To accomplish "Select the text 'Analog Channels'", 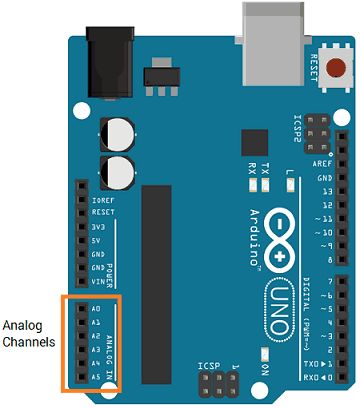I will [x=30, y=335].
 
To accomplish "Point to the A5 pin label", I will [x=95, y=377].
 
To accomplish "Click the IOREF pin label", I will [x=102, y=199].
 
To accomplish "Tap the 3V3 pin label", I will [x=98, y=226].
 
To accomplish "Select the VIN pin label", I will [x=98, y=283].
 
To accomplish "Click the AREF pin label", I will [x=321, y=162].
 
